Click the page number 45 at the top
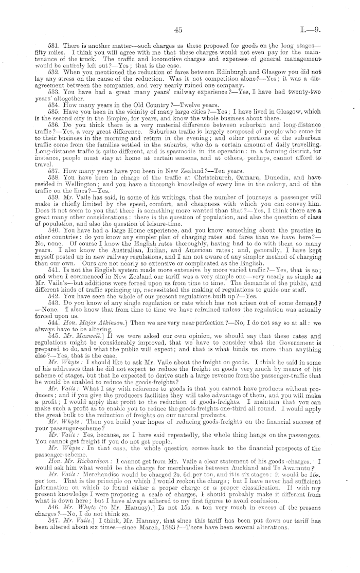(178, 31)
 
